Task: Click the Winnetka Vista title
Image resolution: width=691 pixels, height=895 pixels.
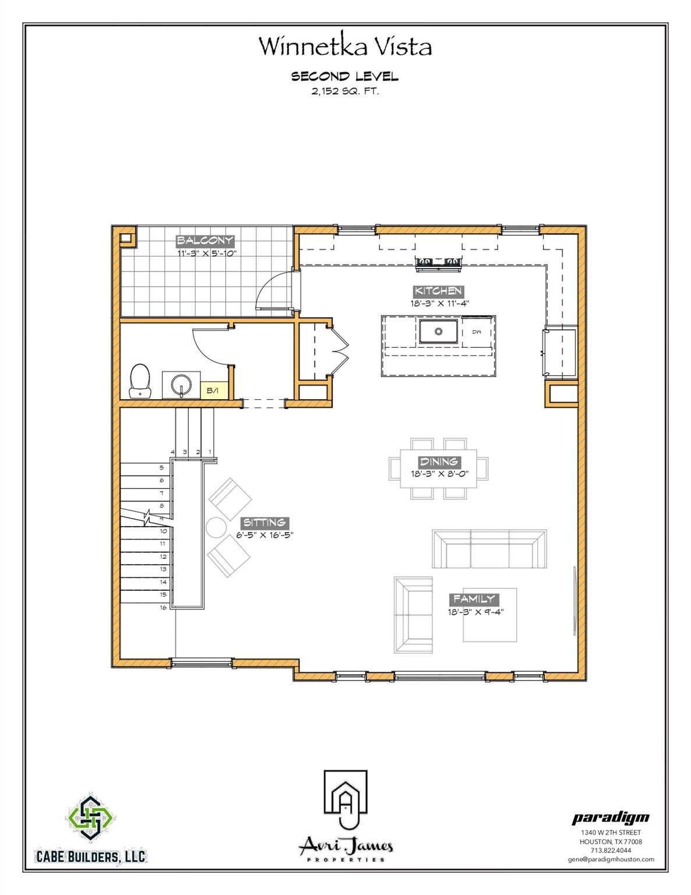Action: (x=345, y=46)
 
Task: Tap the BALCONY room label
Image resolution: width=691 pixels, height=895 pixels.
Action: (x=205, y=241)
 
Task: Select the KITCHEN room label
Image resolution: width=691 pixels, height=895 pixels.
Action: (x=438, y=291)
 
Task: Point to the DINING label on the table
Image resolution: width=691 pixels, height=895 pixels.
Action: (x=438, y=461)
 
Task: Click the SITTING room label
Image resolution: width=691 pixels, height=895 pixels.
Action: (x=265, y=523)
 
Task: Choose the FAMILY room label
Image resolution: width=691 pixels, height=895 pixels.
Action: (x=474, y=599)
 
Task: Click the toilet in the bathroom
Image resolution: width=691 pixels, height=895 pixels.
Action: (x=140, y=381)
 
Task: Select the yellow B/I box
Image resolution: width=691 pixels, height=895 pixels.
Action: (x=214, y=390)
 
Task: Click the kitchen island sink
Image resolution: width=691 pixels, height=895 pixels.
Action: (x=439, y=332)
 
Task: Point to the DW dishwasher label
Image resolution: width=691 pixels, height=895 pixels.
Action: (x=477, y=332)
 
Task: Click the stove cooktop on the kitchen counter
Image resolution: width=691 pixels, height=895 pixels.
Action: (x=439, y=263)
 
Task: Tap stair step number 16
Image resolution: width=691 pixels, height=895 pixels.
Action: (x=164, y=608)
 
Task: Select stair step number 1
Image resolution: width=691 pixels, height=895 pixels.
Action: (x=210, y=452)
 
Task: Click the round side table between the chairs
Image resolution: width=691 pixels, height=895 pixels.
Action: (x=216, y=527)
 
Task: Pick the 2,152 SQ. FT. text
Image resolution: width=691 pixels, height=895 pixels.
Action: (x=345, y=92)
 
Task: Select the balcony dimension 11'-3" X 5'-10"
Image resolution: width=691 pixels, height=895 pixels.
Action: (x=207, y=253)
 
